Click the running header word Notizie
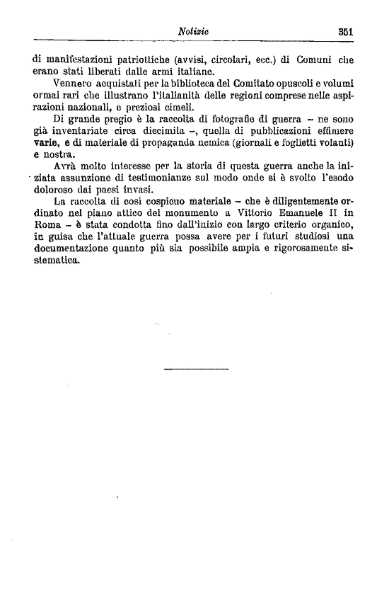(193, 31)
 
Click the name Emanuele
(298, 215)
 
